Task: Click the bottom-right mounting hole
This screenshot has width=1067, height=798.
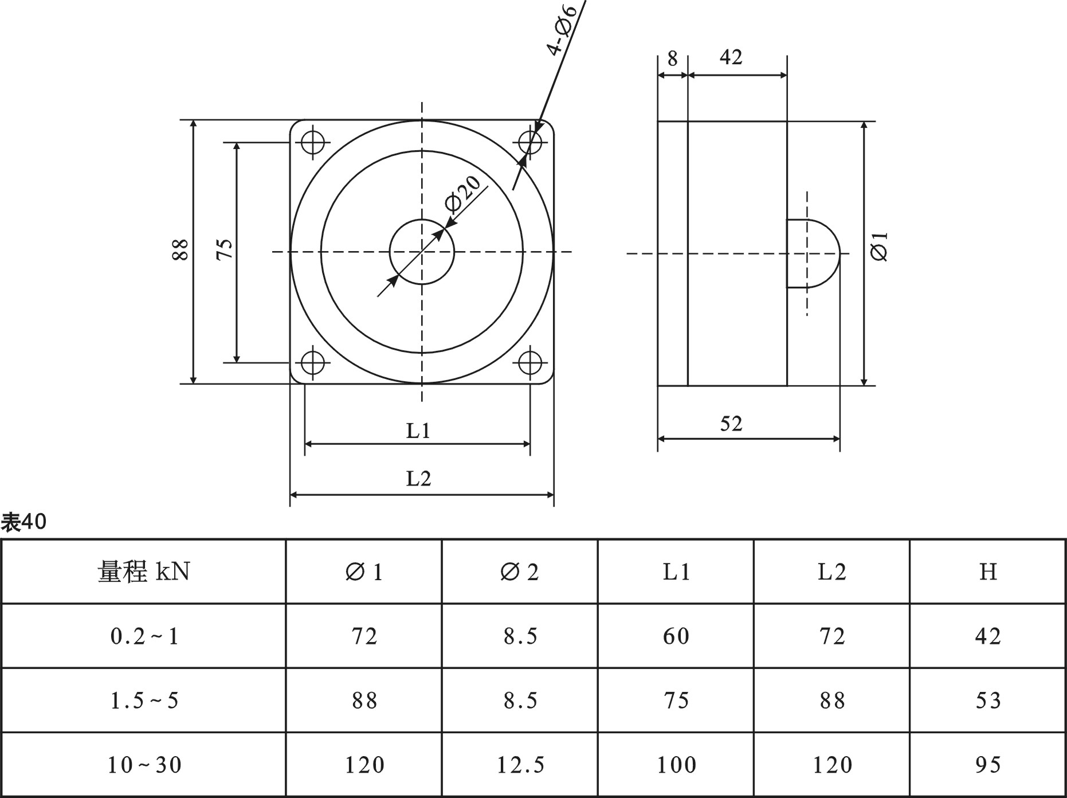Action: (x=530, y=362)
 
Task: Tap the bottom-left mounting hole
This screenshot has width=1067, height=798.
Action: (x=313, y=362)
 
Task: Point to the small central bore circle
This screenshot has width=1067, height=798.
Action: (x=422, y=252)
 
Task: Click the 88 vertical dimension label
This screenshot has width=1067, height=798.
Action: (x=180, y=249)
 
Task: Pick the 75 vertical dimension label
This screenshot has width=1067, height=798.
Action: (x=225, y=249)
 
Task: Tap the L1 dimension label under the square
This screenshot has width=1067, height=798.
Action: (x=418, y=431)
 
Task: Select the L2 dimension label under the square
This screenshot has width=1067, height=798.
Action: (x=418, y=478)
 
